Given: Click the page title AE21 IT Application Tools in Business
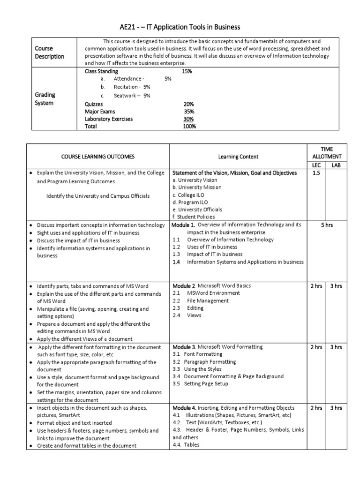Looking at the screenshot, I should pos(180,27).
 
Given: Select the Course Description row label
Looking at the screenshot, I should pos(49,52).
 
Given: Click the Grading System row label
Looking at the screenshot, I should pos(45,99).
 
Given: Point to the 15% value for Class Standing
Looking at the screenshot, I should pos(187,71).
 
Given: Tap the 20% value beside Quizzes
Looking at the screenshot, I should pos(189,104).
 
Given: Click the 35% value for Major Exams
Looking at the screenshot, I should pos(189,112).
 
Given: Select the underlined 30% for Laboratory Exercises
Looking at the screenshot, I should pos(189,119).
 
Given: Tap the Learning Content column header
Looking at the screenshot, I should pos(238,156).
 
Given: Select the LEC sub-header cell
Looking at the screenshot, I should pos(316,165).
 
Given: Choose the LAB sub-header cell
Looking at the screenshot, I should pos(337,165).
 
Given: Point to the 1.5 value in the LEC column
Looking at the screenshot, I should pos(316,173).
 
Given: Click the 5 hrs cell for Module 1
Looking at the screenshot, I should pos(327,225).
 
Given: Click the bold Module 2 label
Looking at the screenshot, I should pos(184,285).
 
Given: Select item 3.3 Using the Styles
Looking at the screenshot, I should pos(200,369).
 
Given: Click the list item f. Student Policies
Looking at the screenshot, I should pos(194,217).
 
